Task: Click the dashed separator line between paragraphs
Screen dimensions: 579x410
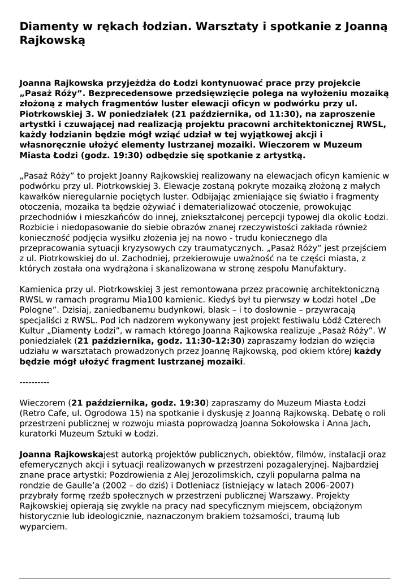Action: pyautogui.click(x=34, y=382)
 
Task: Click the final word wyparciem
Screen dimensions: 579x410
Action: pyautogui.click(x=42, y=527)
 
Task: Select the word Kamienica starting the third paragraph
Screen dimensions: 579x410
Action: pyautogui.click(x=41, y=289)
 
